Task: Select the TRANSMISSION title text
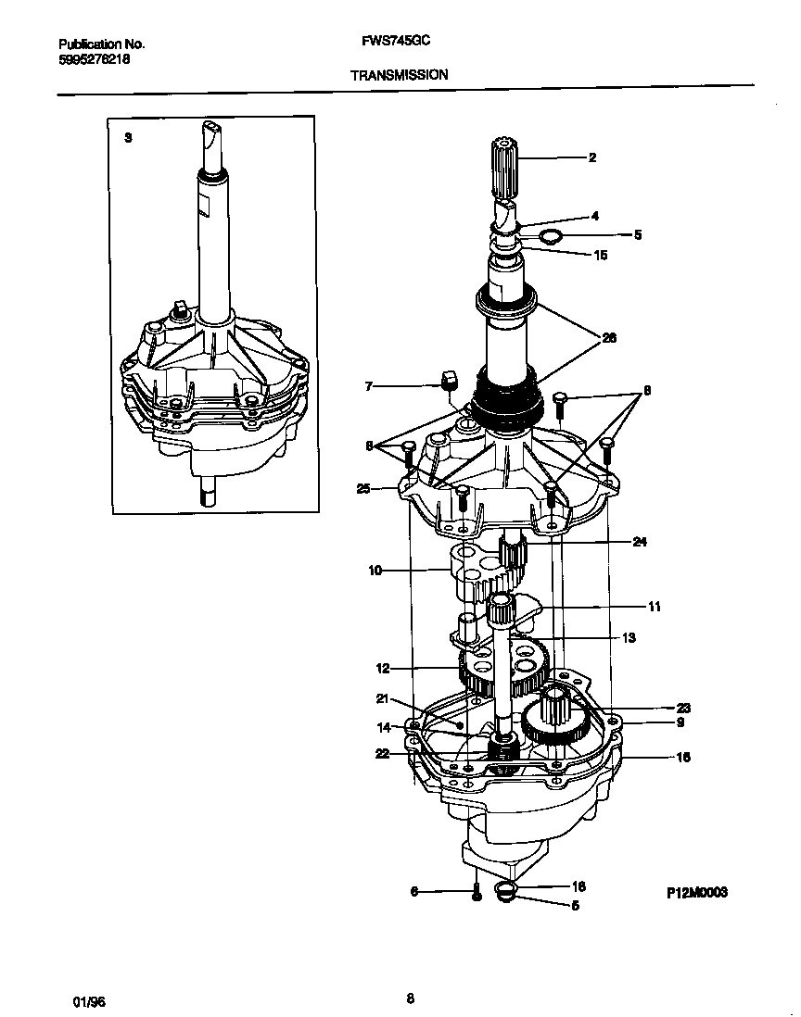[400, 74]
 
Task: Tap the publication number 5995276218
[94, 57]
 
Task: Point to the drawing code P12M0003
[696, 892]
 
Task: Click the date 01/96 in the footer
[89, 1002]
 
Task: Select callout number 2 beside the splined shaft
[592, 157]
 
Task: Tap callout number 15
[600, 255]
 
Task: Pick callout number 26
[609, 337]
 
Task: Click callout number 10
[375, 571]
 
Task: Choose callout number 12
[382, 667]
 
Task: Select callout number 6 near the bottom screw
[413, 892]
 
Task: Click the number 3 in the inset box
[128, 137]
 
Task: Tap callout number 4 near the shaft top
[594, 216]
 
